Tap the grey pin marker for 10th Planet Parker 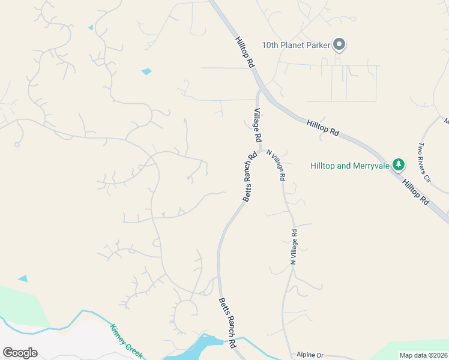(x=339, y=44)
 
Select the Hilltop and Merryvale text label (x=349, y=166)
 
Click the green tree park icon (x=398, y=164)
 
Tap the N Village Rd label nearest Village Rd (x=277, y=166)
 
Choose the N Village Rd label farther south (x=294, y=247)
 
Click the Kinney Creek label (x=126, y=341)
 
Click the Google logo (x=20, y=353)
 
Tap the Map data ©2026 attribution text (x=424, y=355)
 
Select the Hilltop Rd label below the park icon (x=416, y=191)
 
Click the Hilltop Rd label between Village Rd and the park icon (x=323, y=127)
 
